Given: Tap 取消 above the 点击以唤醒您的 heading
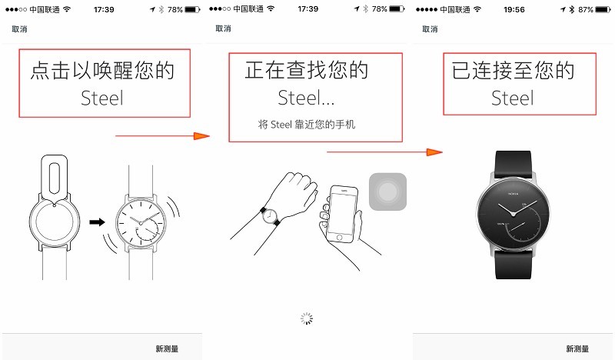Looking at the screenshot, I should pyautogui.click(x=20, y=28).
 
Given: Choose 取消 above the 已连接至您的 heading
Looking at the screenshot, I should pyautogui.click(x=430, y=28).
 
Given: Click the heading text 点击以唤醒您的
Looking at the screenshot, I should pyautogui.click(x=102, y=72).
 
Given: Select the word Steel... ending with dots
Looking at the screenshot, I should pyautogui.click(x=306, y=98).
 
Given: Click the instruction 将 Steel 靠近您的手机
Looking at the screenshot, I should pyautogui.click(x=306, y=124).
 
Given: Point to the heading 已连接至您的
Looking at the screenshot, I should pyautogui.click(x=513, y=72).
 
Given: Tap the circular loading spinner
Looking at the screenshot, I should pyautogui.click(x=306, y=318).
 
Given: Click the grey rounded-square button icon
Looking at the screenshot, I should pyautogui.click(x=387, y=192).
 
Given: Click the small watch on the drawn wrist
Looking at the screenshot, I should pyautogui.click(x=271, y=216).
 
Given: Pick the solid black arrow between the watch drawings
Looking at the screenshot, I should pyautogui.click(x=97, y=222).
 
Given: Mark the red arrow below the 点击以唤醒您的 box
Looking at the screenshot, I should pyautogui.click(x=161, y=136).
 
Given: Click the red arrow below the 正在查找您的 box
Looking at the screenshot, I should pyautogui.click(x=384, y=152).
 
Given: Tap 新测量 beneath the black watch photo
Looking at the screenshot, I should pyautogui.click(x=577, y=348).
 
